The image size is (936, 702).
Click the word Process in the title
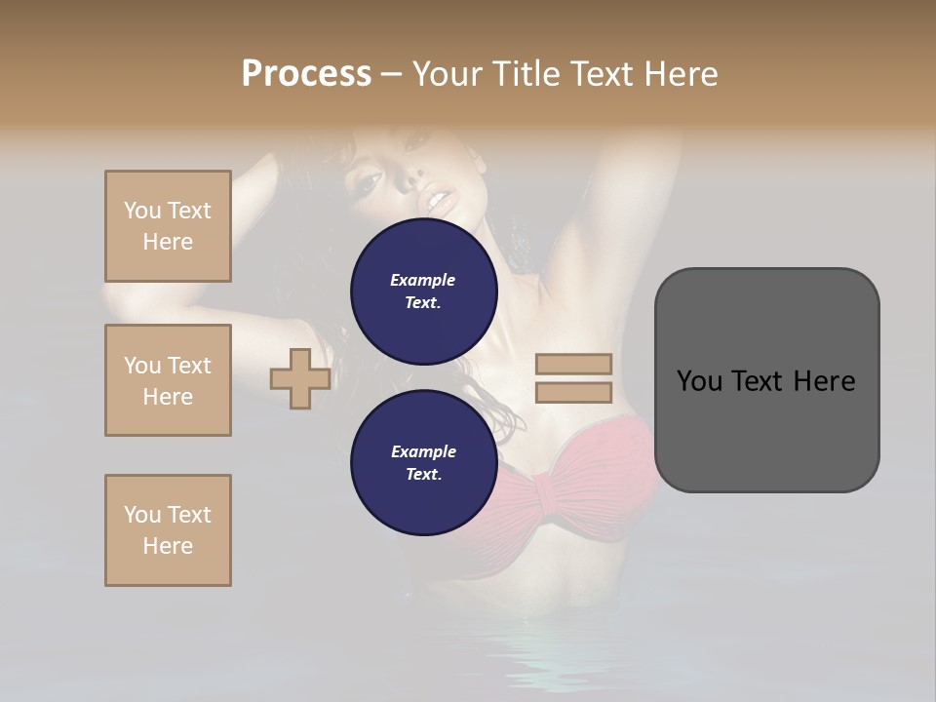[x=306, y=73]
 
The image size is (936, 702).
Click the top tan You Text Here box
[x=168, y=226]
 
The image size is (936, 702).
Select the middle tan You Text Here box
[x=168, y=380]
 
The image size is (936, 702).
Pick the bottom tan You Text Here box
[x=168, y=530]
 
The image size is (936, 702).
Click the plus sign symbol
[x=300, y=379]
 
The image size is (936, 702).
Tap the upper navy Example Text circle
[x=424, y=292]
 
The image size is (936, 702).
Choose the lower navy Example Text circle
[x=424, y=463]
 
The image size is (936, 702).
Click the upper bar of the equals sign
[x=573, y=365]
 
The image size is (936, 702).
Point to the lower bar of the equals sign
[x=573, y=393]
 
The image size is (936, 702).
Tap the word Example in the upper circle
[x=423, y=280]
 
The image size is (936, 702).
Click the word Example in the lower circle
[x=423, y=451]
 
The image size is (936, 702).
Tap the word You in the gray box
[x=700, y=381]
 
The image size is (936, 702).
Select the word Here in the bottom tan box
[x=168, y=546]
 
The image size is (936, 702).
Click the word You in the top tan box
[x=142, y=211]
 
